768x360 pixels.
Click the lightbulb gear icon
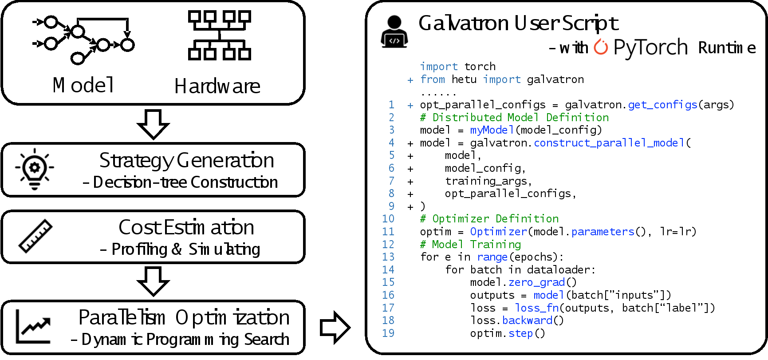[x=35, y=169]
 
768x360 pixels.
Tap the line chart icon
[x=33, y=327]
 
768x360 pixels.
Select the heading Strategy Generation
[x=186, y=160]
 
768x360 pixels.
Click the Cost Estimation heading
[x=186, y=227]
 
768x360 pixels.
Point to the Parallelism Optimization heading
[x=184, y=317]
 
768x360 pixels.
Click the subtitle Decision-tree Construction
[x=181, y=182]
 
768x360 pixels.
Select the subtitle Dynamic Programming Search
[x=180, y=340]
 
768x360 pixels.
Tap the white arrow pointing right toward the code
[x=335, y=328]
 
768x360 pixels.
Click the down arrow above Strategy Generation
[x=154, y=124]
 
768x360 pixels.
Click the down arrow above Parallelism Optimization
[x=154, y=281]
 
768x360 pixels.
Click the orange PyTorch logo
[x=601, y=47]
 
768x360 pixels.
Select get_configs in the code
[x=662, y=105]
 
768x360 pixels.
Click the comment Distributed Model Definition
[x=515, y=118]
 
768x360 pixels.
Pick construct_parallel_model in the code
[x=609, y=143]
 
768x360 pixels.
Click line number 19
[x=388, y=333]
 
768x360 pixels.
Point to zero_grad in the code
[x=536, y=282]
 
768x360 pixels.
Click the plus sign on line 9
[x=410, y=207]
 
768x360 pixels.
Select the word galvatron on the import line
[x=555, y=79]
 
